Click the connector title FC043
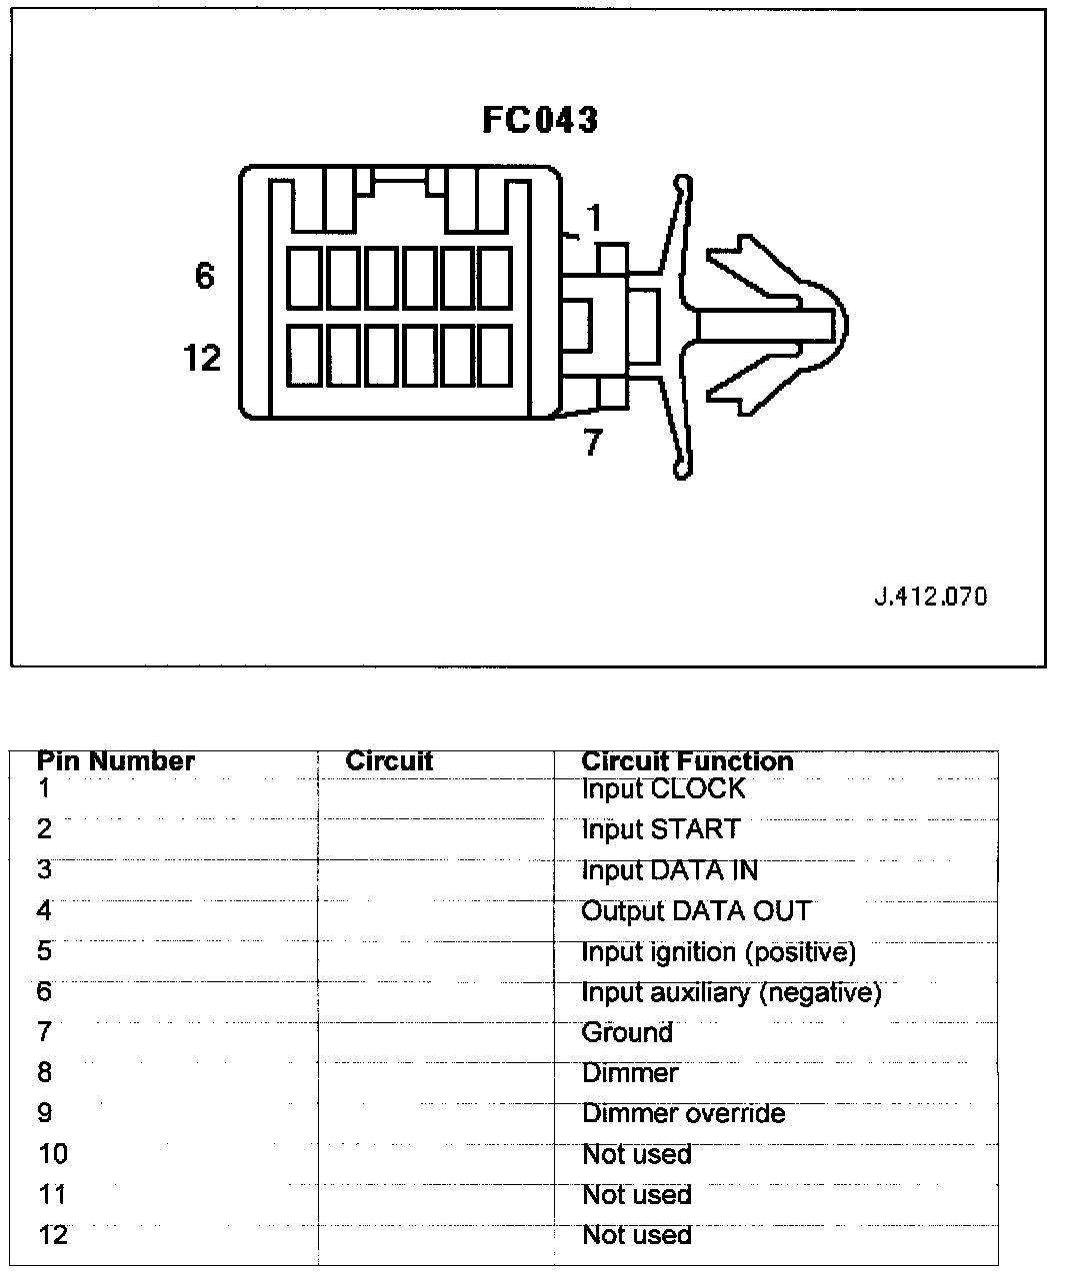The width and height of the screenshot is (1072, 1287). [540, 120]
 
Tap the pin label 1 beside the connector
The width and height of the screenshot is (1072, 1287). [594, 217]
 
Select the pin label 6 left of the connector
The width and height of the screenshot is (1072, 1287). [204, 275]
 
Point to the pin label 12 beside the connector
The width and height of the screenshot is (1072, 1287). [202, 357]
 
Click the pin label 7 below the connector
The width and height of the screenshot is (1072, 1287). [593, 442]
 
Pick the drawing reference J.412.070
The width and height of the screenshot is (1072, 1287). [930, 597]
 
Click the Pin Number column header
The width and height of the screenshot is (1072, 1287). [116, 761]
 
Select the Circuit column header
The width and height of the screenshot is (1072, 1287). [389, 761]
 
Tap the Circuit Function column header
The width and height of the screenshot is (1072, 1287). [687, 761]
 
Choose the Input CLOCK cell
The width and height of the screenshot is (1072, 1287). [663, 789]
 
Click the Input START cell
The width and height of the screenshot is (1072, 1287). [661, 829]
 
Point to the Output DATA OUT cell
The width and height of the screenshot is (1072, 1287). [696, 911]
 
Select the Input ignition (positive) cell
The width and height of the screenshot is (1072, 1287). [719, 952]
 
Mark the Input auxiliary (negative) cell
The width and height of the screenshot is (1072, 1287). [731, 993]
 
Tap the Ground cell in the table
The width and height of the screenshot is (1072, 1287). [627, 1033]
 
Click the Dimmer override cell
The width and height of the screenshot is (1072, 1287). [684, 1114]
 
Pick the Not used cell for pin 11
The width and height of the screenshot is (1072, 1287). [637, 1195]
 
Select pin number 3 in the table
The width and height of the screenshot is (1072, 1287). [44, 870]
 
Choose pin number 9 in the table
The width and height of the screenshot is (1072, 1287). [44, 1114]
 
